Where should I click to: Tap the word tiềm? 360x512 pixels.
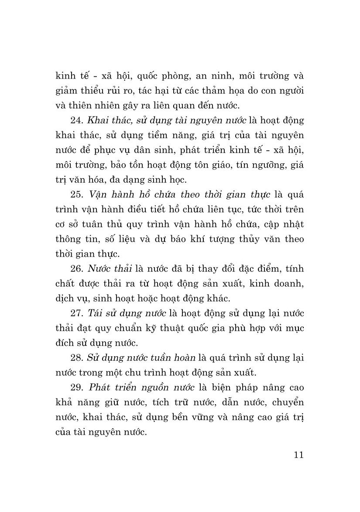coord(147,135)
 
